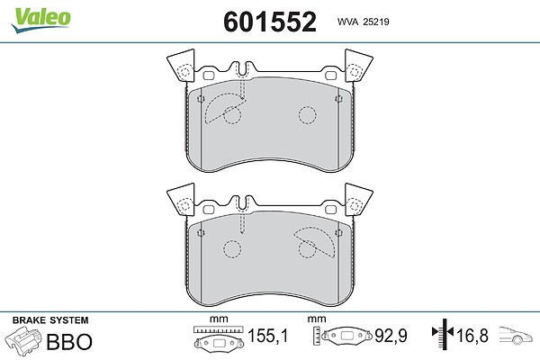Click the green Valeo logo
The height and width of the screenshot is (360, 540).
40,20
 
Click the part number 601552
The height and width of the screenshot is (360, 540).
270,22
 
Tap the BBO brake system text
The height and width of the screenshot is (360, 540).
69,341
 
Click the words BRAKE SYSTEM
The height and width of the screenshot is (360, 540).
50,320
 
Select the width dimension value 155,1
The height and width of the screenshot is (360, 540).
267,336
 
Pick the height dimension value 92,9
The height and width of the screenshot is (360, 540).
391,336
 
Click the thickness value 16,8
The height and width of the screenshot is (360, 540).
472,336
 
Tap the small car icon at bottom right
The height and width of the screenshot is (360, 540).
516,335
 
